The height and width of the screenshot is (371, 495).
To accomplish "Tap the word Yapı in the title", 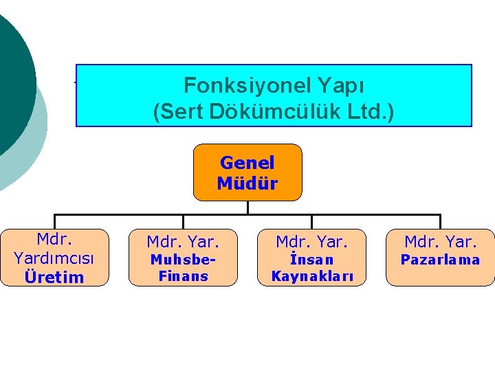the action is [342, 86].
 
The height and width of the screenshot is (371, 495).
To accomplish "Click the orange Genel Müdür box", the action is [247, 172].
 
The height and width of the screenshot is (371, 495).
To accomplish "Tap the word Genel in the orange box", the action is [247, 163].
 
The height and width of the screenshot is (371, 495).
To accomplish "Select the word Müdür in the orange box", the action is [247, 183].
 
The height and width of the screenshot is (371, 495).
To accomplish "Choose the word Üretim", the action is [54, 278].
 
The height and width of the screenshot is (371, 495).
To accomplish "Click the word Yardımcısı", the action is [54, 258].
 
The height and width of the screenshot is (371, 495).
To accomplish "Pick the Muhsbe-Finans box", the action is [183, 258].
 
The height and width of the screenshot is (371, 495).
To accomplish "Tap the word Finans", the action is [183, 277].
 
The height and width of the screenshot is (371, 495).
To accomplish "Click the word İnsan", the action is [311, 260].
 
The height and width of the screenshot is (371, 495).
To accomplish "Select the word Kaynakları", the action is [311, 277].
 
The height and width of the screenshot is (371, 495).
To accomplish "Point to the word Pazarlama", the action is [440, 260].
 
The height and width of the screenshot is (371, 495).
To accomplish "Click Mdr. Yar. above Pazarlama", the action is [440, 242].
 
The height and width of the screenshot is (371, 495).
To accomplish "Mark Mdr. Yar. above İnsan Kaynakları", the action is [311, 242].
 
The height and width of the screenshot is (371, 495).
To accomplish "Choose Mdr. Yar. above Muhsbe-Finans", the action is [183, 242].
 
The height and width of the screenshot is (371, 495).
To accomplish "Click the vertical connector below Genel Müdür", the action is [247, 207].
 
